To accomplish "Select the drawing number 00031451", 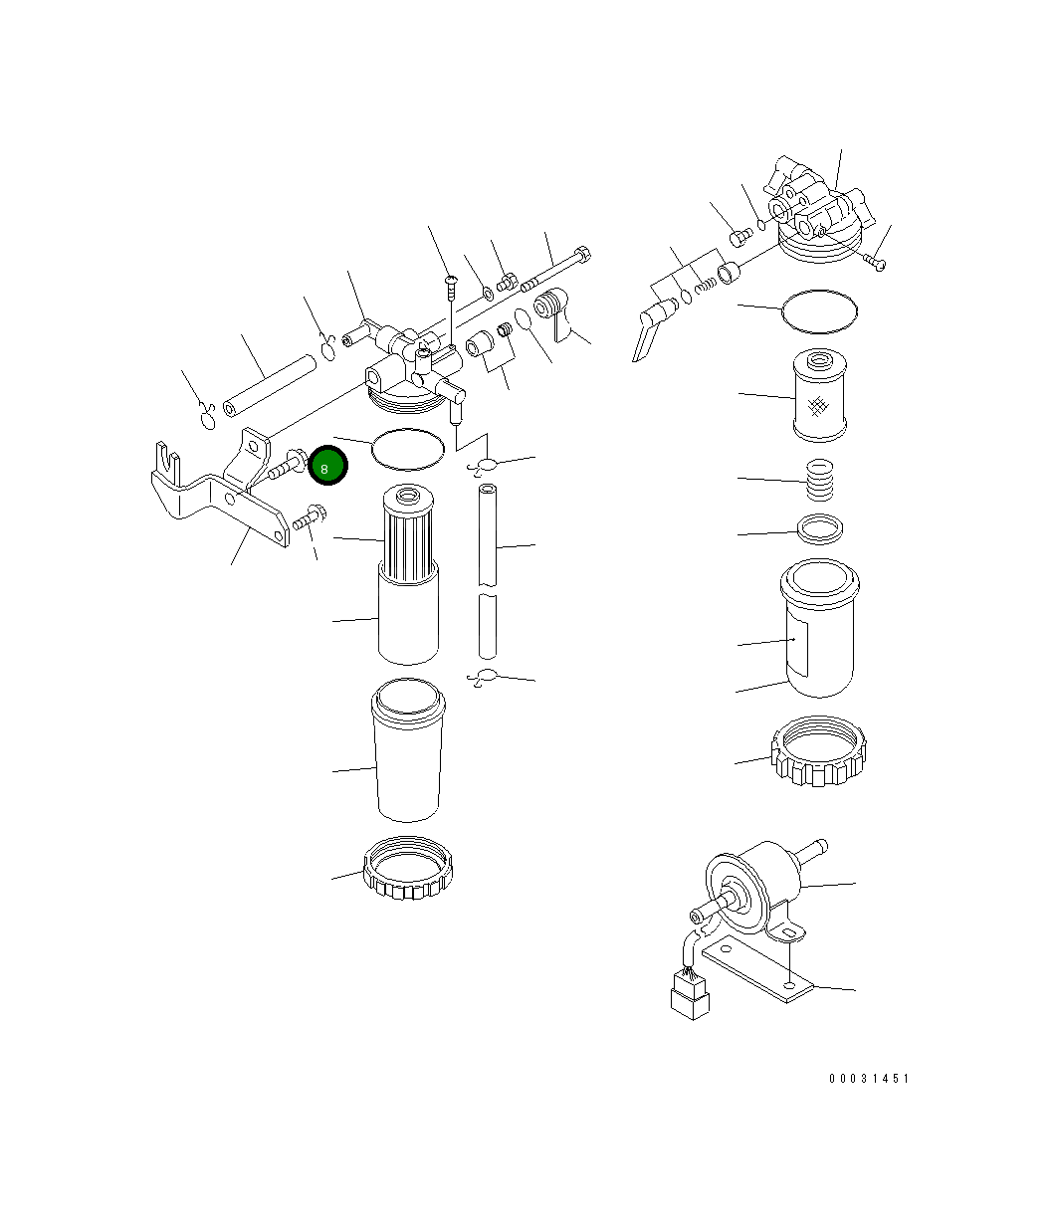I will point(868,1078).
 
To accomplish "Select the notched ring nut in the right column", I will point(819,756).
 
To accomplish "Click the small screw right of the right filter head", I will point(875,262).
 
